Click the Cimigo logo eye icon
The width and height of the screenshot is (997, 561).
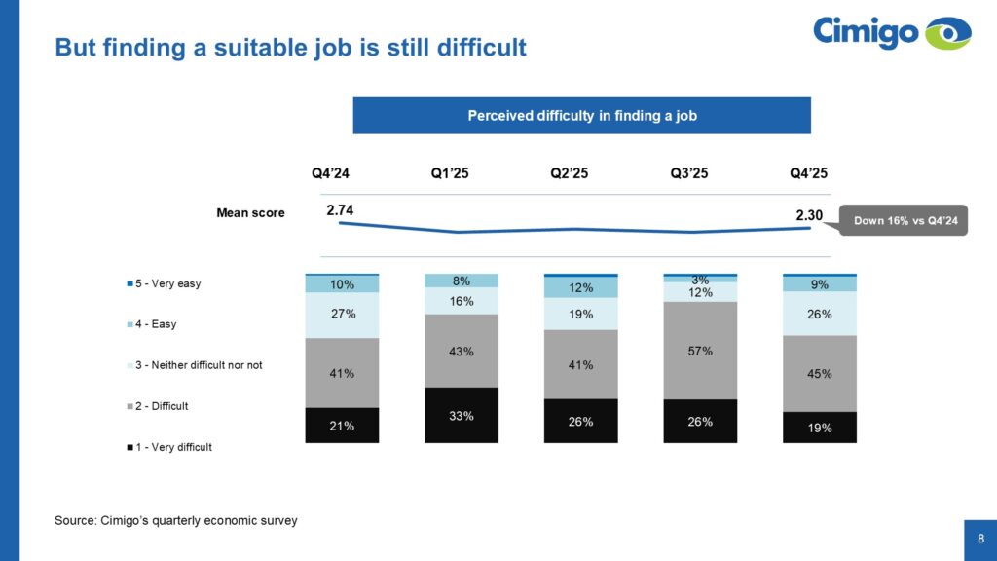tap(948, 33)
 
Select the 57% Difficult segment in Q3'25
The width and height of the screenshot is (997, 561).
tap(700, 351)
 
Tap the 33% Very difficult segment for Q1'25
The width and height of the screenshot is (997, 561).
tap(461, 415)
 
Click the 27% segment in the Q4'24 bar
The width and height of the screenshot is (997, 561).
tap(342, 315)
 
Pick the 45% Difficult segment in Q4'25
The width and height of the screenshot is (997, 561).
tap(820, 373)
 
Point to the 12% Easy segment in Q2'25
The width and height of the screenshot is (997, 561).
tap(580, 287)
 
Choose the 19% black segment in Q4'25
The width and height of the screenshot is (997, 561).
tap(820, 428)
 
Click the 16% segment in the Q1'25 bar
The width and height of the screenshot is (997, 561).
tap(461, 301)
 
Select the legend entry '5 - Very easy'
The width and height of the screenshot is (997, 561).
tap(164, 283)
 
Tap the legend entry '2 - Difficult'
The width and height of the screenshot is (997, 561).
tap(158, 406)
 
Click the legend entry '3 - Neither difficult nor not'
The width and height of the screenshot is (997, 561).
tap(195, 365)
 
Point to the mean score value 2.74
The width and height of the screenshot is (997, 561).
tap(340, 210)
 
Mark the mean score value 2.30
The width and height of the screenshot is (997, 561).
tap(809, 215)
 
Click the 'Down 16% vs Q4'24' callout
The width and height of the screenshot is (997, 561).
tap(904, 220)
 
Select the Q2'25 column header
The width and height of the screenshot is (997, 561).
tap(569, 173)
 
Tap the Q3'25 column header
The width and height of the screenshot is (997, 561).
tap(688, 173)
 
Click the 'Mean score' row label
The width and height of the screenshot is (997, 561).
tap(250, 213)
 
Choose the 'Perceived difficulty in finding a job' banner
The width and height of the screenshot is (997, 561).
tap(582, 116)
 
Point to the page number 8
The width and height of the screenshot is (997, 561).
tap(981, 539)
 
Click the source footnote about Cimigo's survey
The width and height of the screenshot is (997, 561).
tap(175, 520)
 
